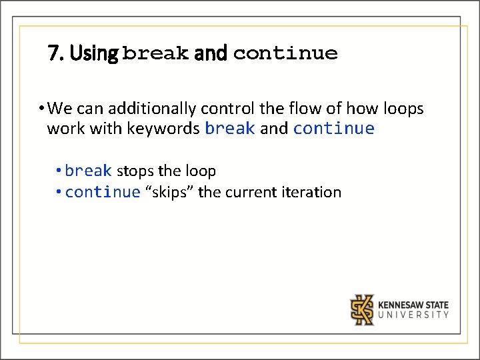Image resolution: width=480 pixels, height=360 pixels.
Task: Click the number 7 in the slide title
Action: [53, 53]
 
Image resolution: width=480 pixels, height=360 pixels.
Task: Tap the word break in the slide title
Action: [156, 53]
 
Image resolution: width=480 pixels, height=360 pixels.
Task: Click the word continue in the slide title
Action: [285, 53]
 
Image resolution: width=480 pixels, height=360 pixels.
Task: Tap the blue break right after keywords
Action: [230, 128]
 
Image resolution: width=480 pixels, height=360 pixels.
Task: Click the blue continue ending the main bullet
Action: [333, 128]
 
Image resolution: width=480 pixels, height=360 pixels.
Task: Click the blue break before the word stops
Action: [89, 171]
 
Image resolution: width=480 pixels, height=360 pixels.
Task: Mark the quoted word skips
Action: [169, 193]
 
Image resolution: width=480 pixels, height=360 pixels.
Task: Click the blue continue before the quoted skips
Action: [103, 193]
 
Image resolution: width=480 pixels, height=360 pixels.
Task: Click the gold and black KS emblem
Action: [362, 309]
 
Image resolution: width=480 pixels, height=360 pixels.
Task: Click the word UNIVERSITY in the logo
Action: [413, 315]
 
